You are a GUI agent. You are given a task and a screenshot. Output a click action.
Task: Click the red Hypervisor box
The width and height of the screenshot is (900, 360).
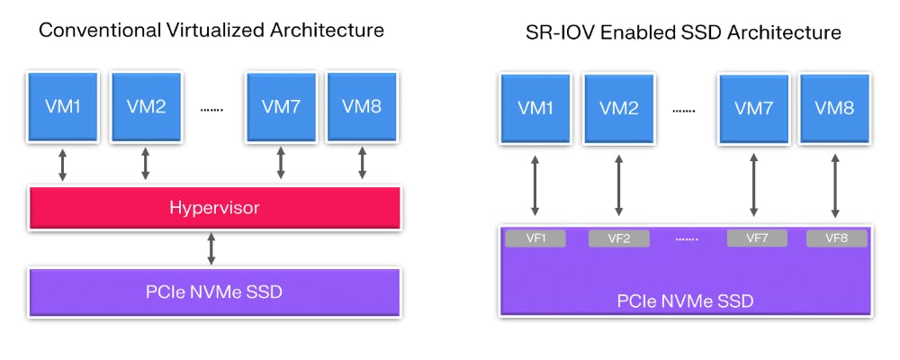214,208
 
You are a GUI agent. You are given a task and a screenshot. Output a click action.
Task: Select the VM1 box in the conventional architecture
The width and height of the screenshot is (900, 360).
63,106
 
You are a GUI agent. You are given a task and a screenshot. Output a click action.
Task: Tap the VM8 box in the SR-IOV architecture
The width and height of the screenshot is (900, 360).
834,108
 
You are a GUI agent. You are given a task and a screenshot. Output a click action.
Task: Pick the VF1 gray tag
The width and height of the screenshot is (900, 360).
535,238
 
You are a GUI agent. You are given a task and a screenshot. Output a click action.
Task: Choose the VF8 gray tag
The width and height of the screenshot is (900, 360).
837,238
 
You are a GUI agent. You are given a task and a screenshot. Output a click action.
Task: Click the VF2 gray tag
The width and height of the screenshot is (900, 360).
618,238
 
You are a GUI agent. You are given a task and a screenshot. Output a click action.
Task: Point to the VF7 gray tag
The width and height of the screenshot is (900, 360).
756,238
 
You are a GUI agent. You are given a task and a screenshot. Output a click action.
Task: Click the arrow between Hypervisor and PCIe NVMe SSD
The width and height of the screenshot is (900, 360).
211,248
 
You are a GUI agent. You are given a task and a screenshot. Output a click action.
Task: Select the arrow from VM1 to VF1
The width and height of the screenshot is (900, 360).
535,186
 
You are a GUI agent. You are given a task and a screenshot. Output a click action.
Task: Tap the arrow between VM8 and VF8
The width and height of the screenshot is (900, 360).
836,186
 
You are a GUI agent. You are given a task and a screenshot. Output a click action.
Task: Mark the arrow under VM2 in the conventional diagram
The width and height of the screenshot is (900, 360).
145,164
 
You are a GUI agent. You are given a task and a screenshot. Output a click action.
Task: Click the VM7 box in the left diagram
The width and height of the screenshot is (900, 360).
281,106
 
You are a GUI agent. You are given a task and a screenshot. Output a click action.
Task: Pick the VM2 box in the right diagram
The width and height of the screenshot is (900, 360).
618,108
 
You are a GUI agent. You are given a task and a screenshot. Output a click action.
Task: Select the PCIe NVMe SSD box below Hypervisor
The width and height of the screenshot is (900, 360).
214,291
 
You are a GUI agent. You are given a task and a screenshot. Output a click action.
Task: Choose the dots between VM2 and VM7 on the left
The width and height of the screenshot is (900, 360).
211,109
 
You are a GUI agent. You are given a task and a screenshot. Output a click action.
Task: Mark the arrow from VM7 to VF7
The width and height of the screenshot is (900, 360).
753,186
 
